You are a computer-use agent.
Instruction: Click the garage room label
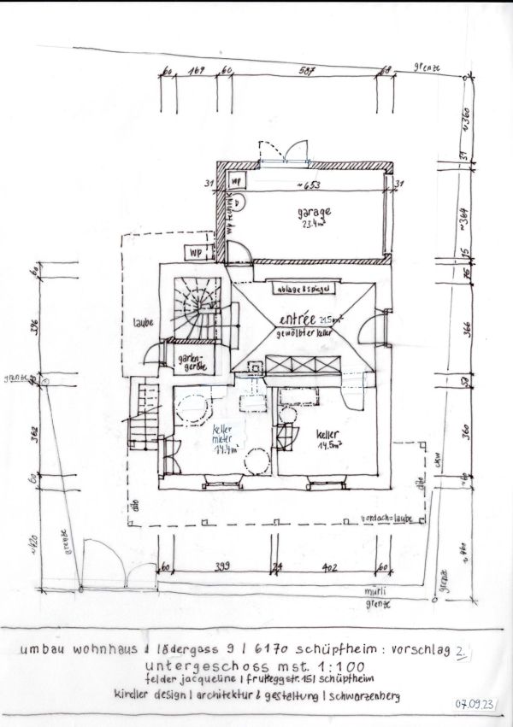click(x=314, y=214)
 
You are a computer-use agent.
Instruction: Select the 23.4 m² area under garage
click(x=312, y=226)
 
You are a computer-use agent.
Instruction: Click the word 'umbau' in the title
click(x=50, y=649)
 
